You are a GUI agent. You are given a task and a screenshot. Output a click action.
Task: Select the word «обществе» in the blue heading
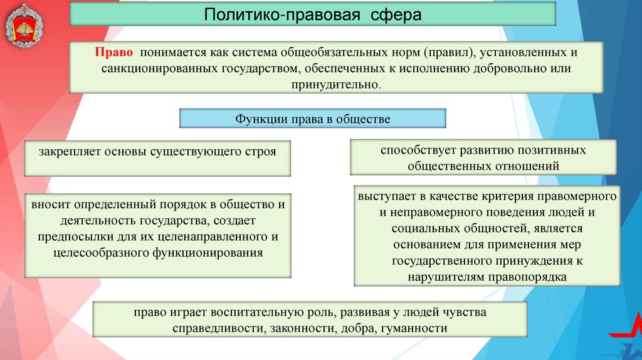point(364,119)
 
